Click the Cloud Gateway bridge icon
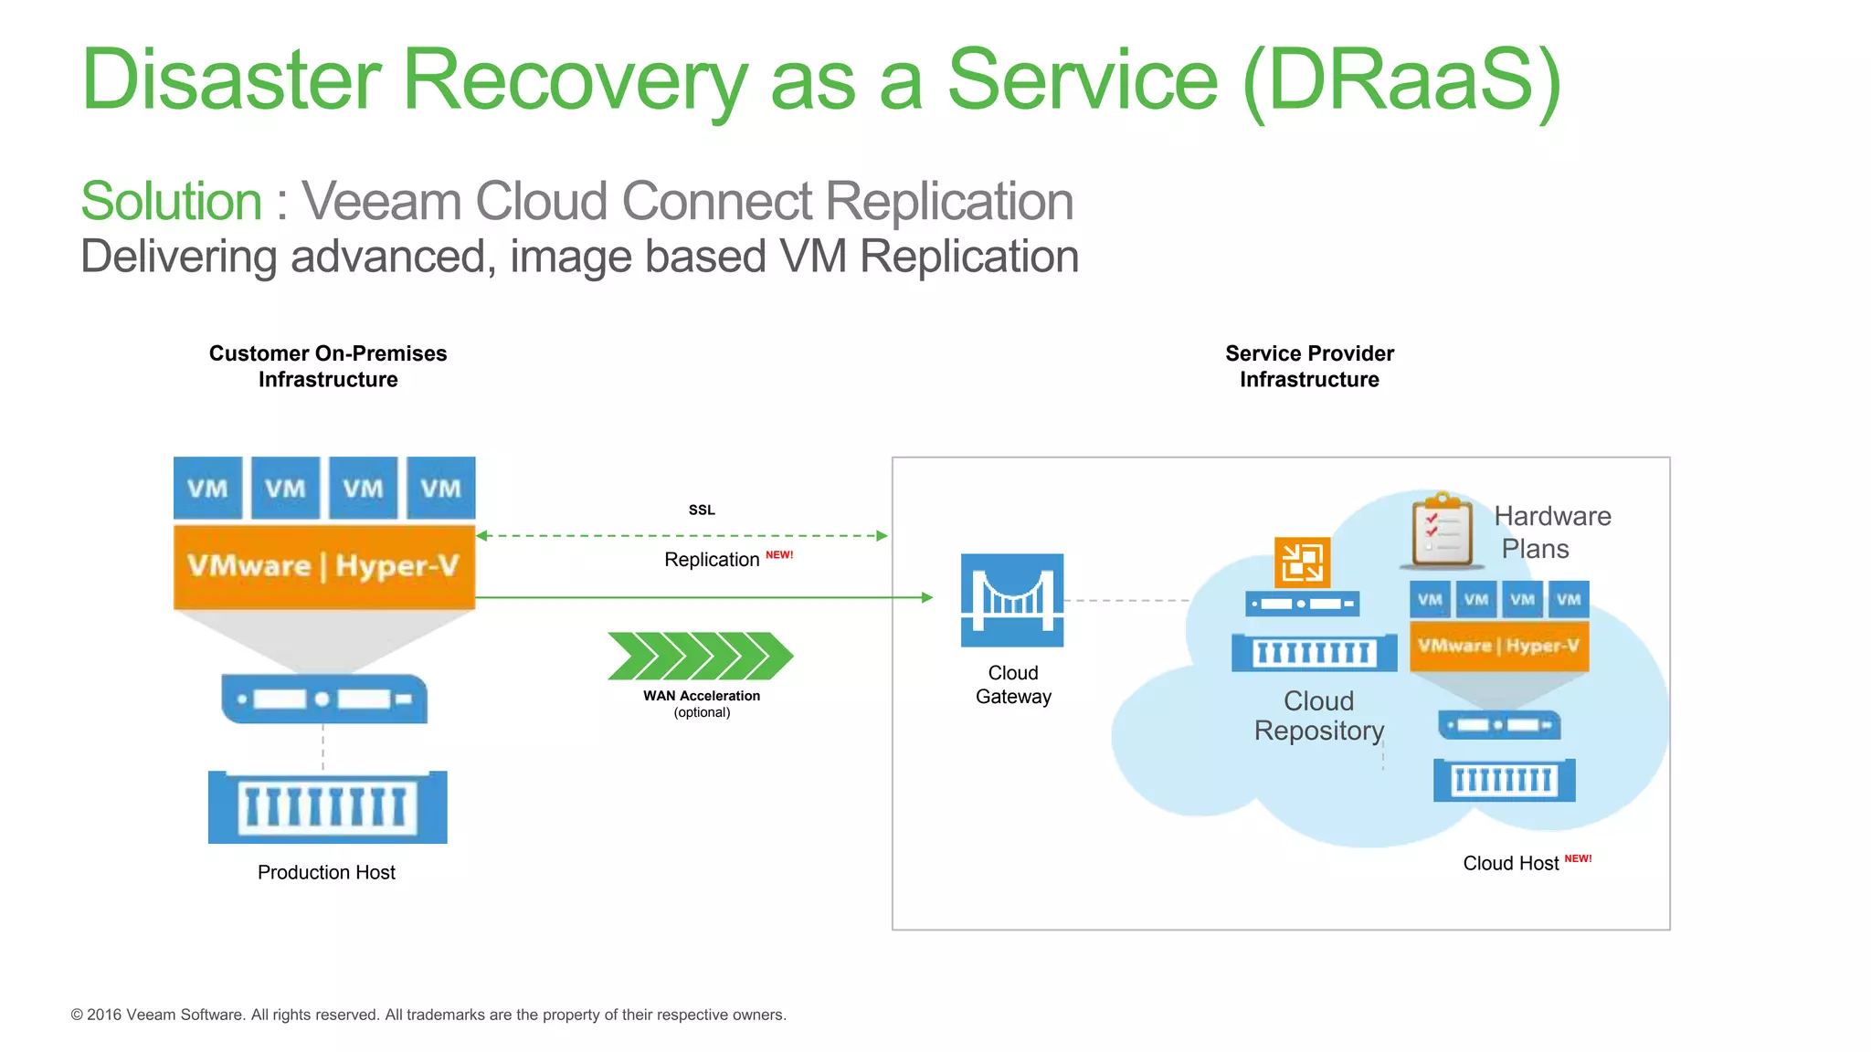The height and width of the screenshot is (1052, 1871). [1012, 600]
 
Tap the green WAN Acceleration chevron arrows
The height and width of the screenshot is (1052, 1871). [701, 656]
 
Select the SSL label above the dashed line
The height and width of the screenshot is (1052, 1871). [702, 510]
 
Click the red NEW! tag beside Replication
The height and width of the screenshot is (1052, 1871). [779, 555]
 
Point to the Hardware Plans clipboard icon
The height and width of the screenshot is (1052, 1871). [1442, 531]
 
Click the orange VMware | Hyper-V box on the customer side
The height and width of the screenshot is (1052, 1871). [324, 566]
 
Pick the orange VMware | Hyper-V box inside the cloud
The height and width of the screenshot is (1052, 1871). [1499, 646]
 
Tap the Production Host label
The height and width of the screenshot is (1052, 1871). [326, 872]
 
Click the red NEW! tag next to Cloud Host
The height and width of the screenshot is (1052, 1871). [1578, 858]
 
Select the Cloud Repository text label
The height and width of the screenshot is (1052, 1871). [1319, 716]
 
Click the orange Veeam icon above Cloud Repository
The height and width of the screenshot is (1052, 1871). [1302, 562]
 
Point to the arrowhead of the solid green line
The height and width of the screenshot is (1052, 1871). [927, 597]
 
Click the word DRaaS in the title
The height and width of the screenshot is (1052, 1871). [1401, 80]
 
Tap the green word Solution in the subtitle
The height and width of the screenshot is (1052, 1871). [172, 201]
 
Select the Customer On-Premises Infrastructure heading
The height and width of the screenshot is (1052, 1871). [328, 366]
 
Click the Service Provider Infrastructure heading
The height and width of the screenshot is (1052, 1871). [1309, 366]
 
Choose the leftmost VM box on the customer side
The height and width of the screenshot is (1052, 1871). [208, 488]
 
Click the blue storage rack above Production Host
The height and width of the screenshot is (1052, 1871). [327, 807]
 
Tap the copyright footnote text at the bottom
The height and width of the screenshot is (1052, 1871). [428, 1015]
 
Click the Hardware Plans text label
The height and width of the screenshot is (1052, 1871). [1551, 532]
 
